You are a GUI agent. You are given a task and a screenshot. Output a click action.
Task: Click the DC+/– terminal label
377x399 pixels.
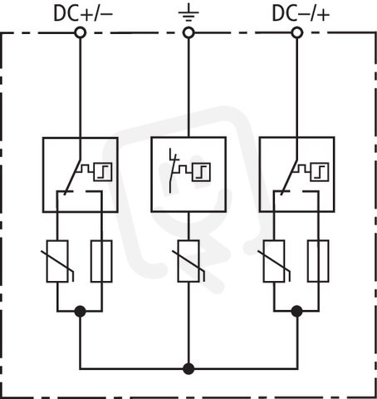pyautogui.click(x=83, y=13)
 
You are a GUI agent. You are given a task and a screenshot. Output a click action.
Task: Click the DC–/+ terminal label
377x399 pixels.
pyautogui.click(x=301, y=13)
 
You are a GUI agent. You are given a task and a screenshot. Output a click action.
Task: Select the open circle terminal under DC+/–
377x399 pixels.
pyautogui.click(x=81, y=32)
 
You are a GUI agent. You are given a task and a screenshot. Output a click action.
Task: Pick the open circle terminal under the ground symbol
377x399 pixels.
pyautogui.click(x=188, y=32)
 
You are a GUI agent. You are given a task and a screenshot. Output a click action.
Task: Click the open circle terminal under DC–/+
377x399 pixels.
pyautogui.click(x=297, y=32)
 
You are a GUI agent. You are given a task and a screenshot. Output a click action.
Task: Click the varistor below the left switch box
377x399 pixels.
pyautogui.click(x=57, y=261)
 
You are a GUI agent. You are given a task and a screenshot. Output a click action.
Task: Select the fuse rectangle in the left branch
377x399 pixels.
pyautogui.click(x=101, y=261)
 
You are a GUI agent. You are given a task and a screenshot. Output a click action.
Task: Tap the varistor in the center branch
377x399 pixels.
pyautogui.click(x=188, y=261)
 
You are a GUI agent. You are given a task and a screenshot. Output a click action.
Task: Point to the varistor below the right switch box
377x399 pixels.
pyautogui.click(x=274, y=261)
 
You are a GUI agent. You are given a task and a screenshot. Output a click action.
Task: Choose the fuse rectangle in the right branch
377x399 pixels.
pyautogui.click(x=318, y=261)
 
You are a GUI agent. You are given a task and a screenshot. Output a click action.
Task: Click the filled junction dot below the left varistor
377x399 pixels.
pyautogui.click(x=81, y=311)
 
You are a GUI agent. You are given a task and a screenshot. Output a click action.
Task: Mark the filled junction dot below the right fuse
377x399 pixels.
pyautogui.click(x=297, y=311)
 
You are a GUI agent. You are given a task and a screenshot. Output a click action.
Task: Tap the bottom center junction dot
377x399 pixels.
pyautogui.click(x=188, y=369)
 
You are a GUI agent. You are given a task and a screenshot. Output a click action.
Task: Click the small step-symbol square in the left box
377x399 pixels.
pyautogui.click(x=103, y=172)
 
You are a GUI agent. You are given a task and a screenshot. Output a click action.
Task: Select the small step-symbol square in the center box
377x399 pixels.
pyautogui.click(x=201, y=172)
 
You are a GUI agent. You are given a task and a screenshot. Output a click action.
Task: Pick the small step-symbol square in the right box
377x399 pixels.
pyautogui.click(x=320, y=172)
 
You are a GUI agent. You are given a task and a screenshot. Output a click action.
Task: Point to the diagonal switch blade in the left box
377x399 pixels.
pyautogui.click(x=72, y=177)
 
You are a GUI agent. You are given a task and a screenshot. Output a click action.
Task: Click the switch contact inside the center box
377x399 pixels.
pyautogui.click(x=174, y=170)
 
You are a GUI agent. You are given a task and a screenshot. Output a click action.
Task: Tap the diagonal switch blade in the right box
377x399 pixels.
pyautogui.click(x=289, y=177)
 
